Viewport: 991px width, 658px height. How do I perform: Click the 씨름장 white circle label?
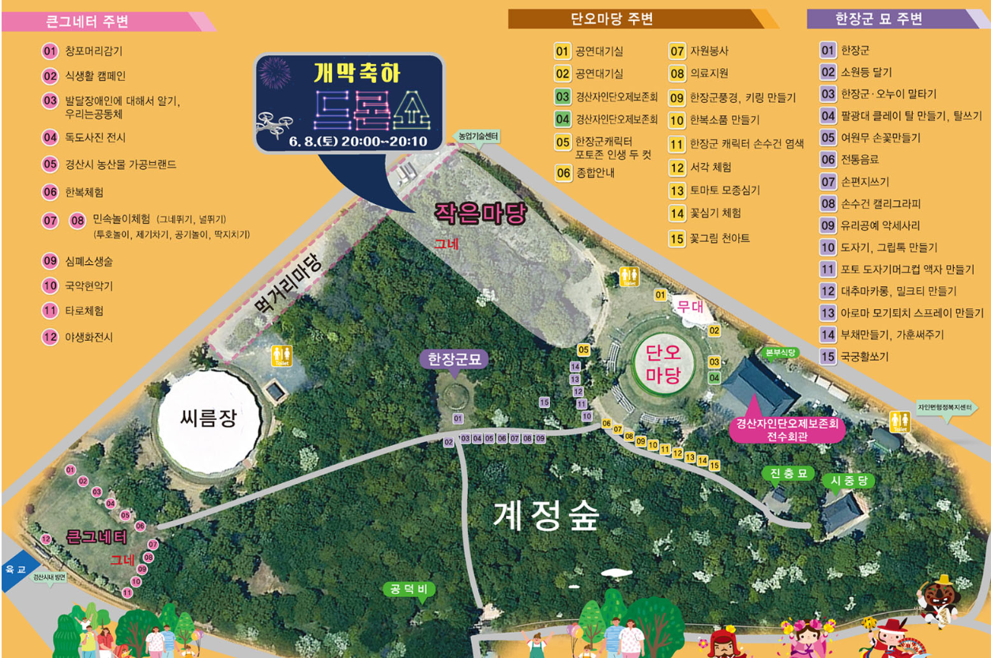(x=208, y=418)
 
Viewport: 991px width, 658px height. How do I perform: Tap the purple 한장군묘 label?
(x=454, y=360)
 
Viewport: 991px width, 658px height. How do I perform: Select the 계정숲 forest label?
(x=547, y=516)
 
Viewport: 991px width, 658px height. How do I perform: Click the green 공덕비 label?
(x=408, y=589)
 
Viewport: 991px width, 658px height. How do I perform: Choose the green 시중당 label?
(x=849, y=480)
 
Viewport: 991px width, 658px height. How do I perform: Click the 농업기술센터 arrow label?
(x=479, y=136)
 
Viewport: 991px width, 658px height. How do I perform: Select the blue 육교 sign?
(x=16, y=569)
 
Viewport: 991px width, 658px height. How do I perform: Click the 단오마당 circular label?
(x=662, y=364)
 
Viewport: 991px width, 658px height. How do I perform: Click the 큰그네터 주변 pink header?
(x=99, y=22)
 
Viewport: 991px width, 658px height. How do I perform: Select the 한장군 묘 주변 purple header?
(x=890, y=19)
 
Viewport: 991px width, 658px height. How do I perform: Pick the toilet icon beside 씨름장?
(x=282, y=356)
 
